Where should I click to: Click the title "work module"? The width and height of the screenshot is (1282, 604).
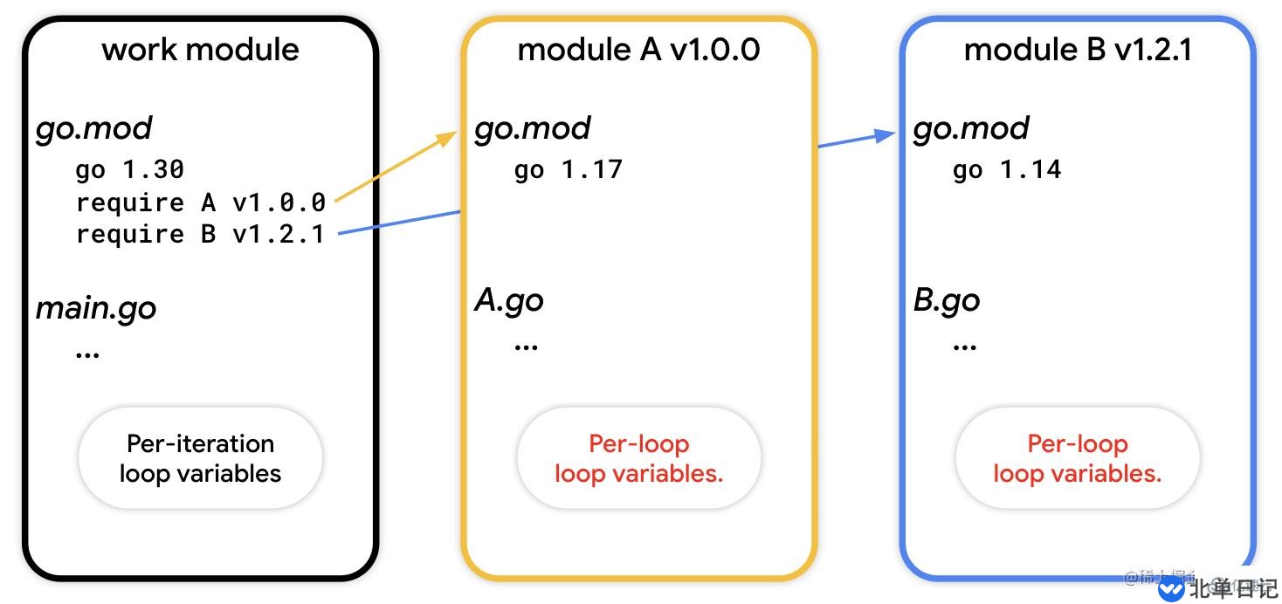200,49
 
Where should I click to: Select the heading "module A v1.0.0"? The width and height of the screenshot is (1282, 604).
638,49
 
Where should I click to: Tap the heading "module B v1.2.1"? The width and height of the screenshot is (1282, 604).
1078,49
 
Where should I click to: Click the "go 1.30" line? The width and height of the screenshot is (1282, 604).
129,169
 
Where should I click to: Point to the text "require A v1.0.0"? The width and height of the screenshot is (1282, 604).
201,202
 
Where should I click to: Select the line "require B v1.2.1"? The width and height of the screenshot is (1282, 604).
200,234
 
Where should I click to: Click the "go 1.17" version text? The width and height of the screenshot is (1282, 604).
568,169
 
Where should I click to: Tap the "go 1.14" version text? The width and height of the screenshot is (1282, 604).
1006,169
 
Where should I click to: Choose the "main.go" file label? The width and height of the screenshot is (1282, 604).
96,308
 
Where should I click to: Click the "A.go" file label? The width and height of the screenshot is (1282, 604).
509,300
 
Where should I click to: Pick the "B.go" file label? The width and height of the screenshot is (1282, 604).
947,300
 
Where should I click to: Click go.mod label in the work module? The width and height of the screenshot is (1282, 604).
94,128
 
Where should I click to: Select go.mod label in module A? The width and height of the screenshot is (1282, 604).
533,128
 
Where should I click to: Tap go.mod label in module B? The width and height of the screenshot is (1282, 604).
971,128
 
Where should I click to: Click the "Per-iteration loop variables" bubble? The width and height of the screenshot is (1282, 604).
200,458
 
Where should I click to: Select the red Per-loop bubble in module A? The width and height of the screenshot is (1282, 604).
638,458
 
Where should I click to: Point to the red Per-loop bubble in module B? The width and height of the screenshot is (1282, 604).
1077,458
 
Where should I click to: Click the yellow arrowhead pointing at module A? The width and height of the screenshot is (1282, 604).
447,138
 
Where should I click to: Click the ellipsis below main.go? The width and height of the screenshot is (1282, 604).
88,353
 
